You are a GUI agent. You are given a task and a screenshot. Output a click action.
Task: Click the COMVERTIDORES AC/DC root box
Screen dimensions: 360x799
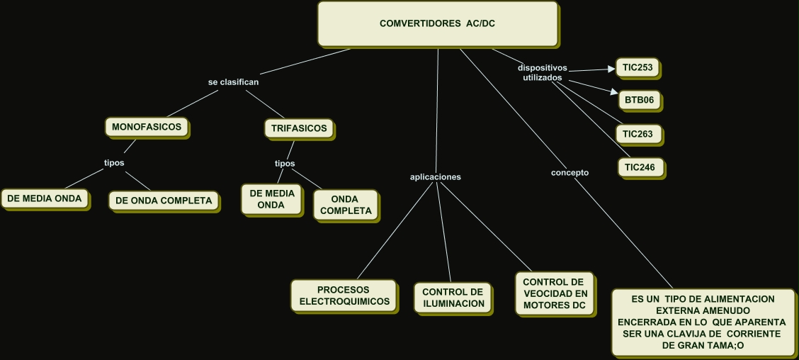pyautogui.click(x=437, y=23)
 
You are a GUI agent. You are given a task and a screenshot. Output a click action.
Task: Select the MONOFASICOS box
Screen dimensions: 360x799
pyautogui.click(x=147, y=128)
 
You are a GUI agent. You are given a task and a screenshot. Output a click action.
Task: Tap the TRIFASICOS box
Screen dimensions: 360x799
pyautogui.click(x=298, y=128)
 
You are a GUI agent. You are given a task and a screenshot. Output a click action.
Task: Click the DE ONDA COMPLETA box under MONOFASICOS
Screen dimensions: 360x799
pyautogui.click(x=163, y=201)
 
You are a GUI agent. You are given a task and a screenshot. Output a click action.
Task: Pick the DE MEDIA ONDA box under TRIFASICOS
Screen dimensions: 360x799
pyautogui.click(x=271, y=198)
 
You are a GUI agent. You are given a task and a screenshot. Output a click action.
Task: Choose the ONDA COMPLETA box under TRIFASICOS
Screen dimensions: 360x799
pyautogui.click(x=346, y=205)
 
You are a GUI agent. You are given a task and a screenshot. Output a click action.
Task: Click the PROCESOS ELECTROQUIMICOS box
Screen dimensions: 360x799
pyautogui.click(x=344, y=296)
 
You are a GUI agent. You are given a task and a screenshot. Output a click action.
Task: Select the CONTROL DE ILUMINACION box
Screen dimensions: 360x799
pyautogui.click(x=453, y=298)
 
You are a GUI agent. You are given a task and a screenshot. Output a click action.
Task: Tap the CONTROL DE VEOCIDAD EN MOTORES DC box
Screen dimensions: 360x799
pyautogui.click(x=554, y=293)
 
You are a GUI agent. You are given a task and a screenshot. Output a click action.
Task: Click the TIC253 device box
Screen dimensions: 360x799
pyautogui.click(x=638, y=68)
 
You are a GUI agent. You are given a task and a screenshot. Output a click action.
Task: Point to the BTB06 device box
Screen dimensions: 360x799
pyautogui.click(x=640, y=100)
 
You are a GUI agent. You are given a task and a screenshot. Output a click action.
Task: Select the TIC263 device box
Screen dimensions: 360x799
pyautogui.click(x=638, y=134)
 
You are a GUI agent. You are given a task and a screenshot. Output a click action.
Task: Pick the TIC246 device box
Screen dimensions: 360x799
pyautogui.click(x=640, y=168)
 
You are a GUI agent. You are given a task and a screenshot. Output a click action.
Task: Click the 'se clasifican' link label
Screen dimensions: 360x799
pyautogui.click(x=233, y=82)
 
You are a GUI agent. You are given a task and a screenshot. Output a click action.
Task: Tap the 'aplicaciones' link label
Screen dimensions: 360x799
pyautogui.click(x=436, y=177)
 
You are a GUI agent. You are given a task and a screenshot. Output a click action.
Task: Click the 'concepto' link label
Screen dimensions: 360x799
pyautogui.click(x=569, y=172)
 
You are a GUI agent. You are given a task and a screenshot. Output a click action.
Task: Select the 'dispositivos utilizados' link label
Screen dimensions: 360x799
pyautogui.click(x=543, y=72)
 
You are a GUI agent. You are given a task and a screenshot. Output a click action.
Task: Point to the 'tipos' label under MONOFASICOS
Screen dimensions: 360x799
pyautogui.click(x=114, y=162)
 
